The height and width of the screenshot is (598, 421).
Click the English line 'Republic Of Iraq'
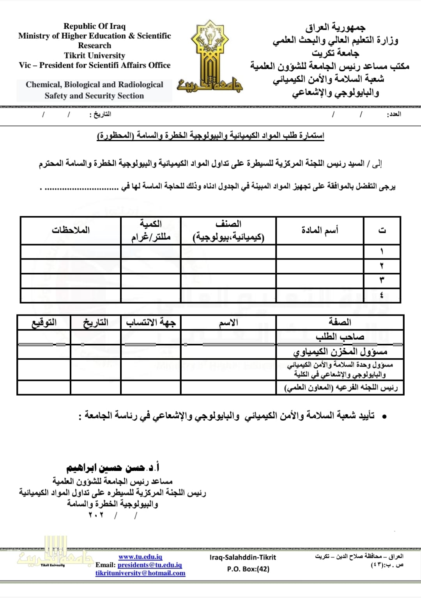(95, 26)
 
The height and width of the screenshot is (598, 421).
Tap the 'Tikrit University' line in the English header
(95, 55)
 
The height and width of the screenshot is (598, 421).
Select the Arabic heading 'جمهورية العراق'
(335, 27)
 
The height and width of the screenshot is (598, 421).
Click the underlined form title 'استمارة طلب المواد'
(210, 136)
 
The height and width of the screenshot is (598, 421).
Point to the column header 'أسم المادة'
(320, 230)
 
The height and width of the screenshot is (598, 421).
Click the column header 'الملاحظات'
(71, 230)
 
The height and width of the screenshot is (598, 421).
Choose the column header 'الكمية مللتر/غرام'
(151, 230)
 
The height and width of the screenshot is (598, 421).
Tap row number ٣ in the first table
(382, 280)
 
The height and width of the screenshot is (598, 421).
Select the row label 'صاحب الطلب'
(340, 337)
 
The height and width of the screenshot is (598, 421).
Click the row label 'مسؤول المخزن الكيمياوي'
(340, 352)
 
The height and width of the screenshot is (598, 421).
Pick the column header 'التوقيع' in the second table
(44, 322)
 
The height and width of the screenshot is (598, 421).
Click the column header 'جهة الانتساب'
(151, 322)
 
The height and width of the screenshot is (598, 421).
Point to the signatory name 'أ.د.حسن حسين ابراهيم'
(113, 467)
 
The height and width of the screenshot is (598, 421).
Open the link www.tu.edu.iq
(140, 557)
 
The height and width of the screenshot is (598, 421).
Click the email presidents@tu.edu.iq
(150, 565)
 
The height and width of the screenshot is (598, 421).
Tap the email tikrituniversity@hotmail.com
(140, 573)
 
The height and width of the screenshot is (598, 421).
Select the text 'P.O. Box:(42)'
(248, 569)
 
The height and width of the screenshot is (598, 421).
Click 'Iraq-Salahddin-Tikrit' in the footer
(242, 557)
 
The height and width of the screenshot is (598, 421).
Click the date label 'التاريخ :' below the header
(101, 114)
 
